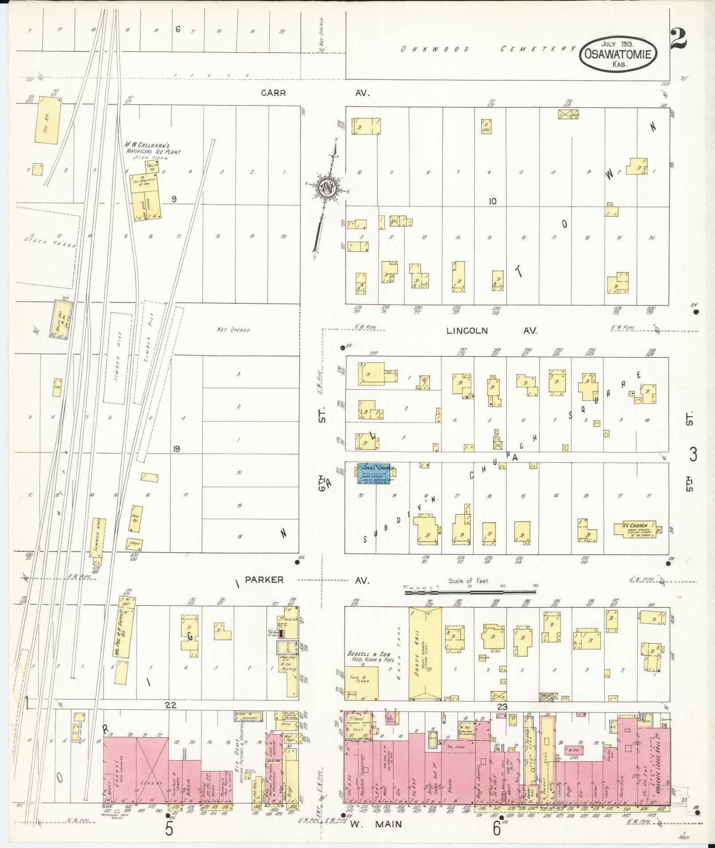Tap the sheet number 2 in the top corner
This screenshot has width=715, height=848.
coord(678,39)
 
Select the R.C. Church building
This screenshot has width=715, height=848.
coord(635,529)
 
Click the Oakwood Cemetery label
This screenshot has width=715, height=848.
coord(488,49)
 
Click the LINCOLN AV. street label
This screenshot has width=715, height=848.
coord(491,331)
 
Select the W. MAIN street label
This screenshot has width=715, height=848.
coord(376,824)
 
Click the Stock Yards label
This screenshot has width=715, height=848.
coord(50,242)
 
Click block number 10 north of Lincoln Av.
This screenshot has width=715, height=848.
coord(492,201)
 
